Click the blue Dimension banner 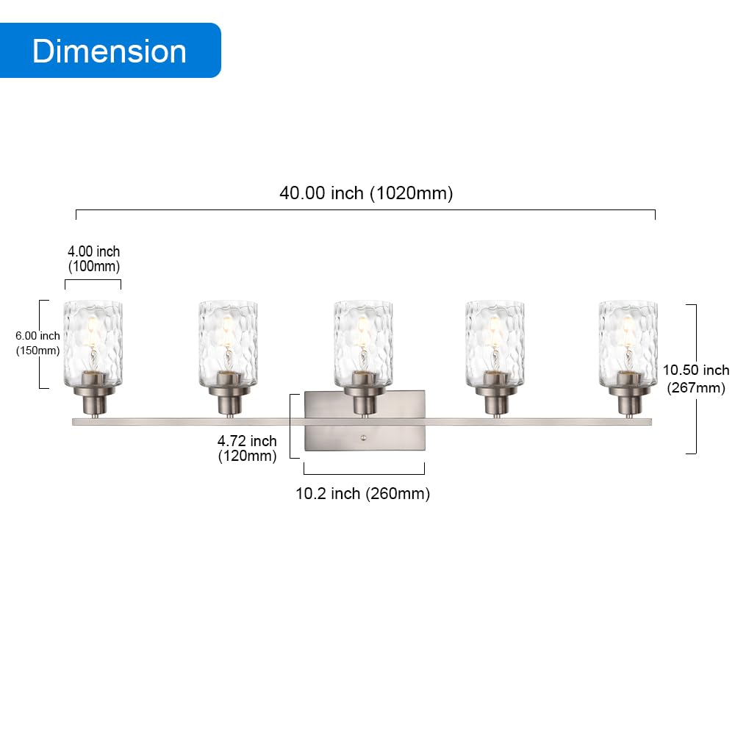point(110,51)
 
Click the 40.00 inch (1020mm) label point(366,193)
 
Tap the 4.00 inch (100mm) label point(94,259)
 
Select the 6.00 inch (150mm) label point(38,343)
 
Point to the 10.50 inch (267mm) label point(696,379)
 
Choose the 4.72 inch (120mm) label point(247,448)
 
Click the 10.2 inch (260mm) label point(363,494)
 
